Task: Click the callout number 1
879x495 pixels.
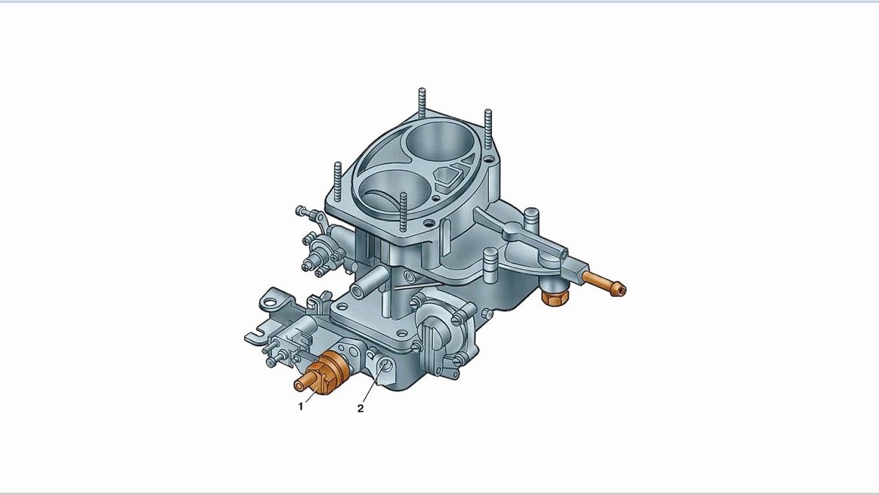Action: click(301, 406)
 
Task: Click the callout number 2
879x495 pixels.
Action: click(361, 408)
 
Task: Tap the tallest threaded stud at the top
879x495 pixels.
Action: click(422, 103)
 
